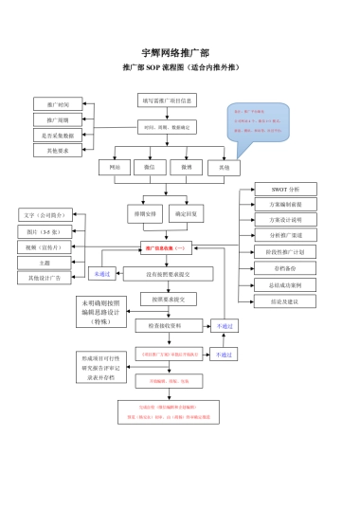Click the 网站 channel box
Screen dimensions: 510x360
[115, 167]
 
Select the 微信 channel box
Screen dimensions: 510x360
[151, 167]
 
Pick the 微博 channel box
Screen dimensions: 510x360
[187, 167]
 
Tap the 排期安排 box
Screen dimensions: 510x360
[143, 214]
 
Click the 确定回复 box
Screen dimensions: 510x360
[186, 214]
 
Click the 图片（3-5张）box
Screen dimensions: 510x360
[44, 230]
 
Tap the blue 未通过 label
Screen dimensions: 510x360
[99, 274]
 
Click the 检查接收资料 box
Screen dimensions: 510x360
[168, 325]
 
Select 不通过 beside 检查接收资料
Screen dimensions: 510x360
[225, 325]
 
